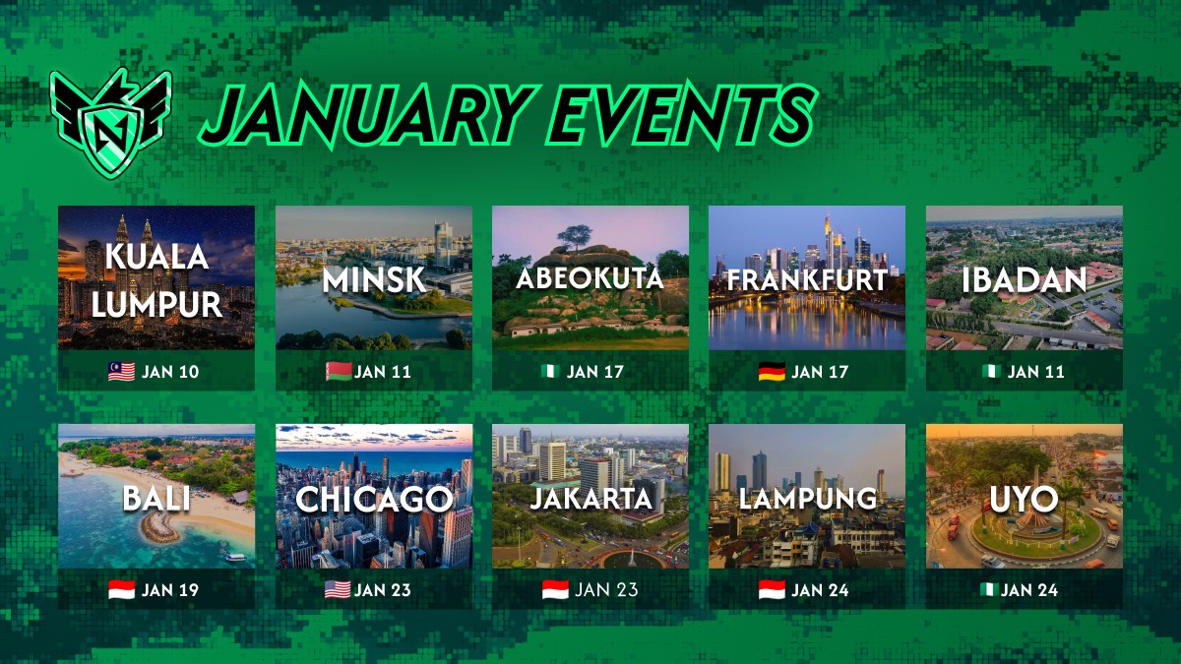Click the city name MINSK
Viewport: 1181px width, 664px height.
point(374,279)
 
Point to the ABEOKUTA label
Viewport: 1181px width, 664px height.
point(590,278)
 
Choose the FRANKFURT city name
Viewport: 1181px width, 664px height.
point(807,279)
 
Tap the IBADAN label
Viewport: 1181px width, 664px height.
point(1024,279)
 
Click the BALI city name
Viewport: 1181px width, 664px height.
point(156,498)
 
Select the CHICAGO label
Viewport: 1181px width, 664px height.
point(374,499)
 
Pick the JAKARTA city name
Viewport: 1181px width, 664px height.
point(590,498)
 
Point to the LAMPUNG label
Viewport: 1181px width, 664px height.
point(807,498)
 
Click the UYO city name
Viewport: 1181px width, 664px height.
point(1024,499)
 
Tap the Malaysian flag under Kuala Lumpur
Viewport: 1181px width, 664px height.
point(120,372)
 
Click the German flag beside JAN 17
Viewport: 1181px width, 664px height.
point(772,372)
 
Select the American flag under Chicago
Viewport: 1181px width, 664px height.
point(338,590)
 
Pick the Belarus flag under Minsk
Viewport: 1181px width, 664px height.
point(338,372)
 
